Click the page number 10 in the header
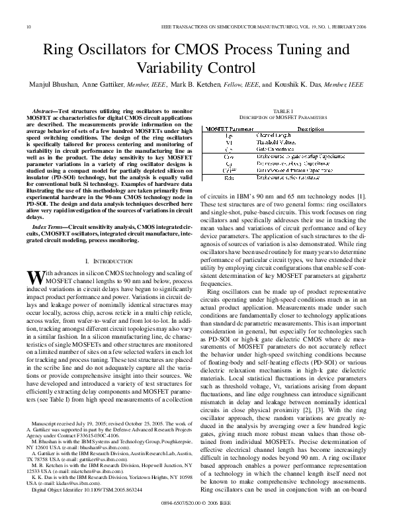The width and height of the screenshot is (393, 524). click(28, 27)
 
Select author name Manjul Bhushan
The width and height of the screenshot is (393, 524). click(52, 85)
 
